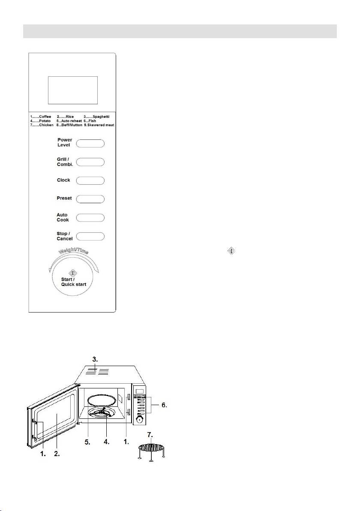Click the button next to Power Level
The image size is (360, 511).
click(x=90, y=143)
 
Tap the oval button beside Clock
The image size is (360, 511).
click(x=90, y=180)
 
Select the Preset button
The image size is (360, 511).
click(x=90, y=199)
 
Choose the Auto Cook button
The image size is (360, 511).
click(x=90, y=217)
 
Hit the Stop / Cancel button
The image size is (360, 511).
click(x=90, y=236)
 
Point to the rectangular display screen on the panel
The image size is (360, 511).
click(x=73, y=90)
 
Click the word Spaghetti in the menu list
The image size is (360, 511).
click(x=101, y=117)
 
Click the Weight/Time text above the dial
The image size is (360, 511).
click(x=73, y=250)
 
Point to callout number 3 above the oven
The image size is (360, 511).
click(x=95, y=360)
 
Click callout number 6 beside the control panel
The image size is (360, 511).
click(x=164, y=405)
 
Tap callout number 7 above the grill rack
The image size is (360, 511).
click(x=150, y=435)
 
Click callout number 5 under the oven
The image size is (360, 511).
click(x=87, y=442)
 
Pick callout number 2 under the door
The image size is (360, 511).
click(x=57, y=454)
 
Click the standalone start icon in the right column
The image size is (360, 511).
click(x=231, y=251)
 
